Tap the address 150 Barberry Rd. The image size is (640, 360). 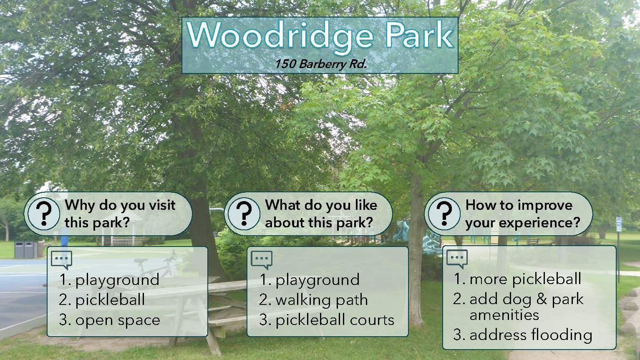pyautogui.click(x=320, y=64)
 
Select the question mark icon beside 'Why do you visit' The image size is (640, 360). pyautogui.click(x=44, y=214)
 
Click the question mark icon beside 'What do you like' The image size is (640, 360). pyautogui.click(x=244, y=214)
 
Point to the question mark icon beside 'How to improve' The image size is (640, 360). pyautogui.click(x=444, y=214)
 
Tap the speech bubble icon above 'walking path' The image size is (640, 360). pyautogui.click(x=262, y=260)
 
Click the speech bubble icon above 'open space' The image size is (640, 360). pyautogui.click(x=61, y=260)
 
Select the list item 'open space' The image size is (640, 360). pyautogui.click(x=109, y=320)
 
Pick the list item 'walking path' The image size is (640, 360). pyautogui.click(x=313, y=300)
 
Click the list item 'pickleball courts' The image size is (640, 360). pyautogui.click(x=327, y=320)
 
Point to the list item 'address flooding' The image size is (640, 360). pyautogui.click(x=523, y=335)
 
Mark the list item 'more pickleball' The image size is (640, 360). pyautogui.click(x=517, y=279)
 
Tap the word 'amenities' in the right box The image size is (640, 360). pyautogui.click(x=504, y=315)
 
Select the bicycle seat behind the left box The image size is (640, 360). pyautogui.click(x=141, y=261)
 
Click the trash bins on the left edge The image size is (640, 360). pyautogui.click(x=26, y=249)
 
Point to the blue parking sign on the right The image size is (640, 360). pyautogui.click(x=619, y=224)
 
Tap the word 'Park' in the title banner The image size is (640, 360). pyautogui.click(x=419, y=35)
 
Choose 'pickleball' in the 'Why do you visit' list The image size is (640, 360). pyautogui.click(x=102, y=300)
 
